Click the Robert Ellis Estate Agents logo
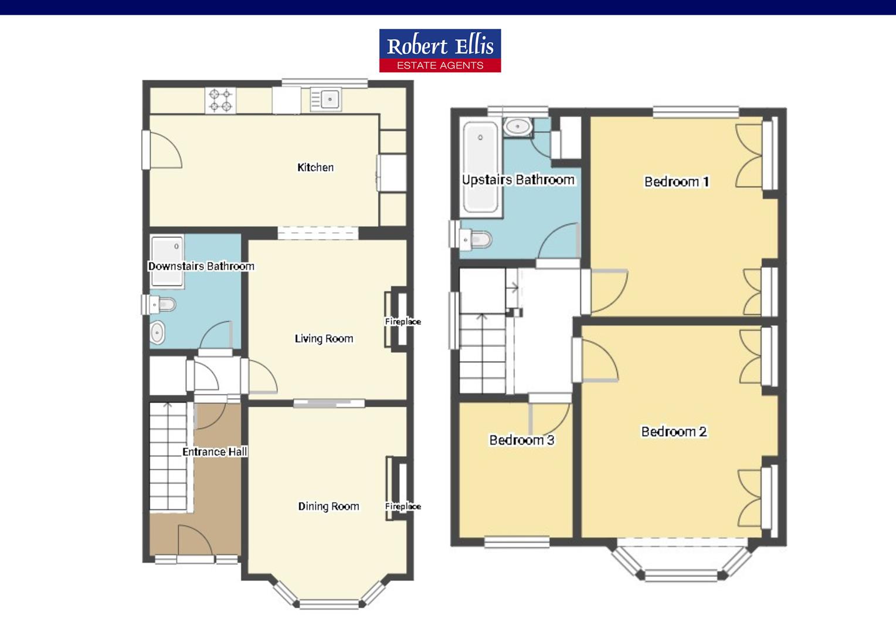click(440, 50)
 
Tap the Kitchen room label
click(315, 167)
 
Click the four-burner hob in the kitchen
click(220, 100)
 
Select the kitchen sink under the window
click(326, 99)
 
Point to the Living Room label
click(324, 339)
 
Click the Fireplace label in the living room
click(403, 322)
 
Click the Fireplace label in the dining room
click(403, 506)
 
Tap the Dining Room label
click(328, 506)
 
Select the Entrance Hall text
click(215, 452)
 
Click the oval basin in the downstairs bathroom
click(157, 332)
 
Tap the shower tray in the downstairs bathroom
click(167, 262)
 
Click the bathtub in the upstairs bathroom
click(480, 167)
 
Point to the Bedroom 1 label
click(677, 182)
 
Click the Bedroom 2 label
click(674, 432)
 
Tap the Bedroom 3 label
click(522, 440)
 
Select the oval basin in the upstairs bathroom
click(518, 127)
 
